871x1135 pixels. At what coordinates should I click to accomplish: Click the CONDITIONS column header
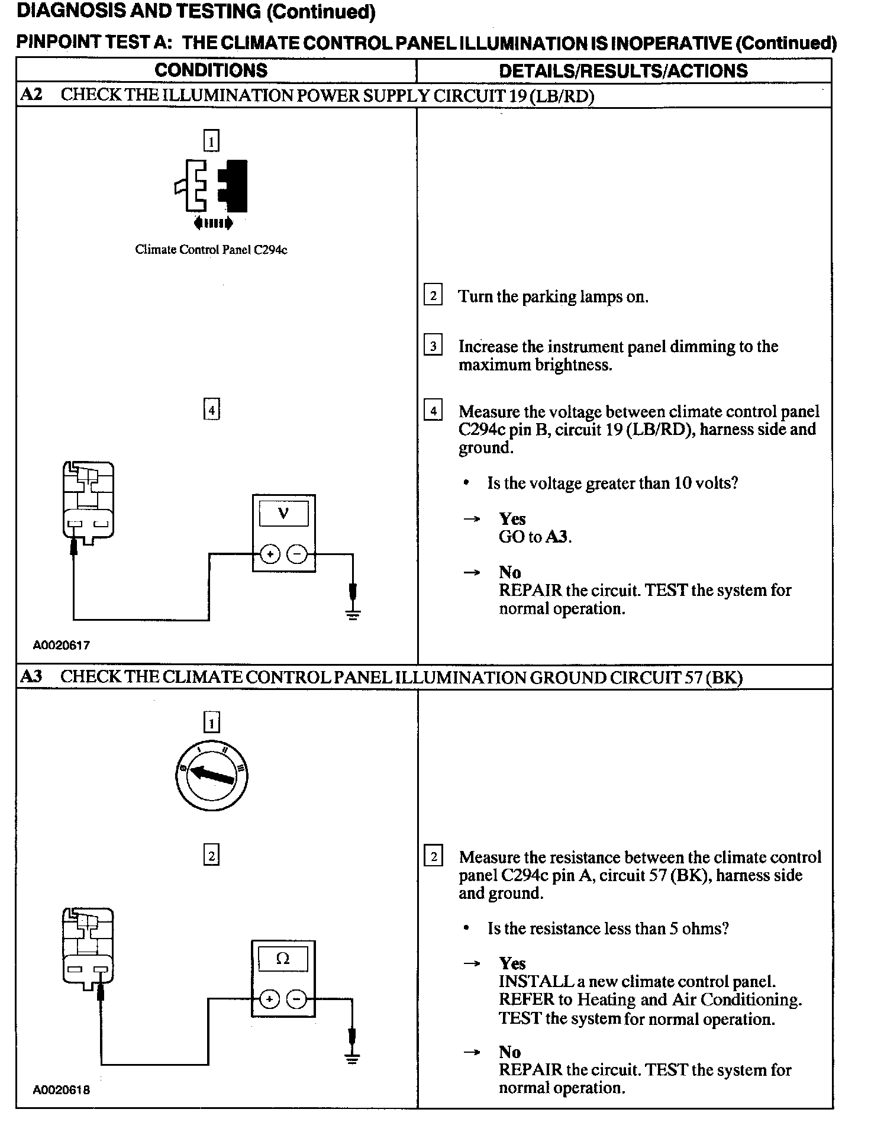point(211,70)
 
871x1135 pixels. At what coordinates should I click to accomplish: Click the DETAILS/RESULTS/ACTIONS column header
point(623,71)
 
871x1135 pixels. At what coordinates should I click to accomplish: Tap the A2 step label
point(31,95)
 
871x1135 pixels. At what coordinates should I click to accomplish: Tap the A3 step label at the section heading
point(31,676)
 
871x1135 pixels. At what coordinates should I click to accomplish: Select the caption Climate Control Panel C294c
point(211,249)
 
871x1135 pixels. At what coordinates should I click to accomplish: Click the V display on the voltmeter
point(283,514)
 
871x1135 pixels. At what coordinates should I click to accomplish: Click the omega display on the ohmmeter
point(283,959)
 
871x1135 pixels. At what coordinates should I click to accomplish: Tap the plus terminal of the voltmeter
point(270,554)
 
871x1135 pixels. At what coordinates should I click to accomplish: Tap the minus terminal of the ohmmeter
point(296,999)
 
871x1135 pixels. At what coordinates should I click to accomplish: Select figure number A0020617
point(62,645)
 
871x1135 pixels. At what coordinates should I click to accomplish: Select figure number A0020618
point(62,1089)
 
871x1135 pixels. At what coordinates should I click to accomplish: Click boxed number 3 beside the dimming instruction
point(433,346)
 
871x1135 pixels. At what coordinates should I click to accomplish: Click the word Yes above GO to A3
point(512,519)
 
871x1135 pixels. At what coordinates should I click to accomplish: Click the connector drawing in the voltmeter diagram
point(88,502)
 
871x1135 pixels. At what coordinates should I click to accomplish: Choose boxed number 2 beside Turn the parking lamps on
point(433,295)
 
